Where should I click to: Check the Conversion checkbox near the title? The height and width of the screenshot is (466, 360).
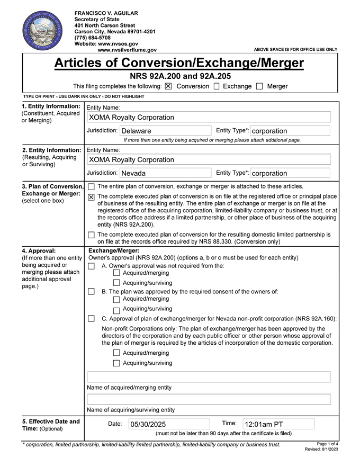click(x=168, y=86)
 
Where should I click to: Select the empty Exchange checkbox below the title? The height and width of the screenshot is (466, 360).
click(x=217, y=86)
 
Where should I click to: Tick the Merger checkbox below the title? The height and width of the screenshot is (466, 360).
click(x=259, y=86)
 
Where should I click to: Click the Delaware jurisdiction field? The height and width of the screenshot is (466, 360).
click(x=165, y=131)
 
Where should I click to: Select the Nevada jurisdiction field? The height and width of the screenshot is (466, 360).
click(x=165, y=173)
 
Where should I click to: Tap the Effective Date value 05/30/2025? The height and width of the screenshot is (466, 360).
click(x=169, y=424)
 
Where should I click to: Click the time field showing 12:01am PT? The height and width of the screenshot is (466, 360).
click(x=278, y=424)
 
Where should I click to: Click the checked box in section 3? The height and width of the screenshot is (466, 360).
click(x=92, y=198)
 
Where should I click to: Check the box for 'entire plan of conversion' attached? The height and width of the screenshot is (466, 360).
click(x=92, y=186)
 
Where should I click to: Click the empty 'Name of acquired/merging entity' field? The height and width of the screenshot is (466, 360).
click(x=209, y=377)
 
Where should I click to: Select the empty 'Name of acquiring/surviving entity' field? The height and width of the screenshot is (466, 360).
click(x=209, y=399)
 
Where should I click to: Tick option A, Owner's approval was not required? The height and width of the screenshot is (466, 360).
click(x=92, y=266)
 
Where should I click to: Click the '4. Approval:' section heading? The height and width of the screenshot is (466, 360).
click(x=39, y=250)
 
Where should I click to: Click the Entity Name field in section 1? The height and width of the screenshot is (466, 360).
click(x=209, y=117)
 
